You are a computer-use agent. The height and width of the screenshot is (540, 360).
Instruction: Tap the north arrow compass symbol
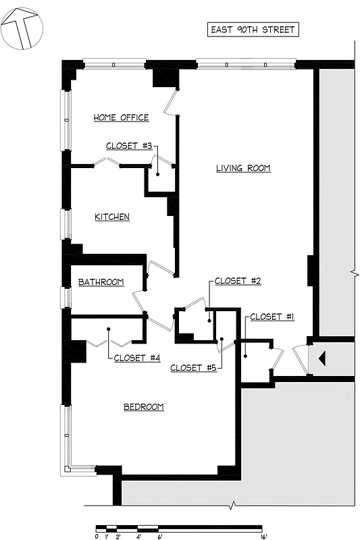[x=22, y=28]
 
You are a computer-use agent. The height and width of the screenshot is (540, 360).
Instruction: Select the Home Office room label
[x=121, y=117]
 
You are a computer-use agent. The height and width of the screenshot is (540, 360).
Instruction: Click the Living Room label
[x=243, y=168]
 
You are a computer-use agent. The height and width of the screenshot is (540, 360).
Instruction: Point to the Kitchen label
[x=112, y=217]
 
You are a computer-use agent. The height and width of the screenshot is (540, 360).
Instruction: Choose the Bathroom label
[x=101, y=282]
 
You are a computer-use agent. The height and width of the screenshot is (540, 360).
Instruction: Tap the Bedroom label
[x=144, y=406]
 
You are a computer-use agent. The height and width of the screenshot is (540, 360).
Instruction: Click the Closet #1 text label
[x=272, y=317]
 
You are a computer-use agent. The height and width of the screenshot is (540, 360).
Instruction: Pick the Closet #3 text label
[x=129, y=146]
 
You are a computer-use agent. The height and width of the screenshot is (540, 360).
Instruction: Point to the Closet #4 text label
[x=136, y=358]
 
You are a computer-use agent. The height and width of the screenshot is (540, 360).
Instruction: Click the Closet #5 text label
[x=193, y=368]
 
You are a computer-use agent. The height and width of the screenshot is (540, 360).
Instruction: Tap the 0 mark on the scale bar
[x=97, y=537]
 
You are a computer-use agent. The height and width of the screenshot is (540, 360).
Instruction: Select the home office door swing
[x=171, y=101]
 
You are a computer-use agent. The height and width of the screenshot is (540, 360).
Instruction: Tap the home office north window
[x=114, y=64]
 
